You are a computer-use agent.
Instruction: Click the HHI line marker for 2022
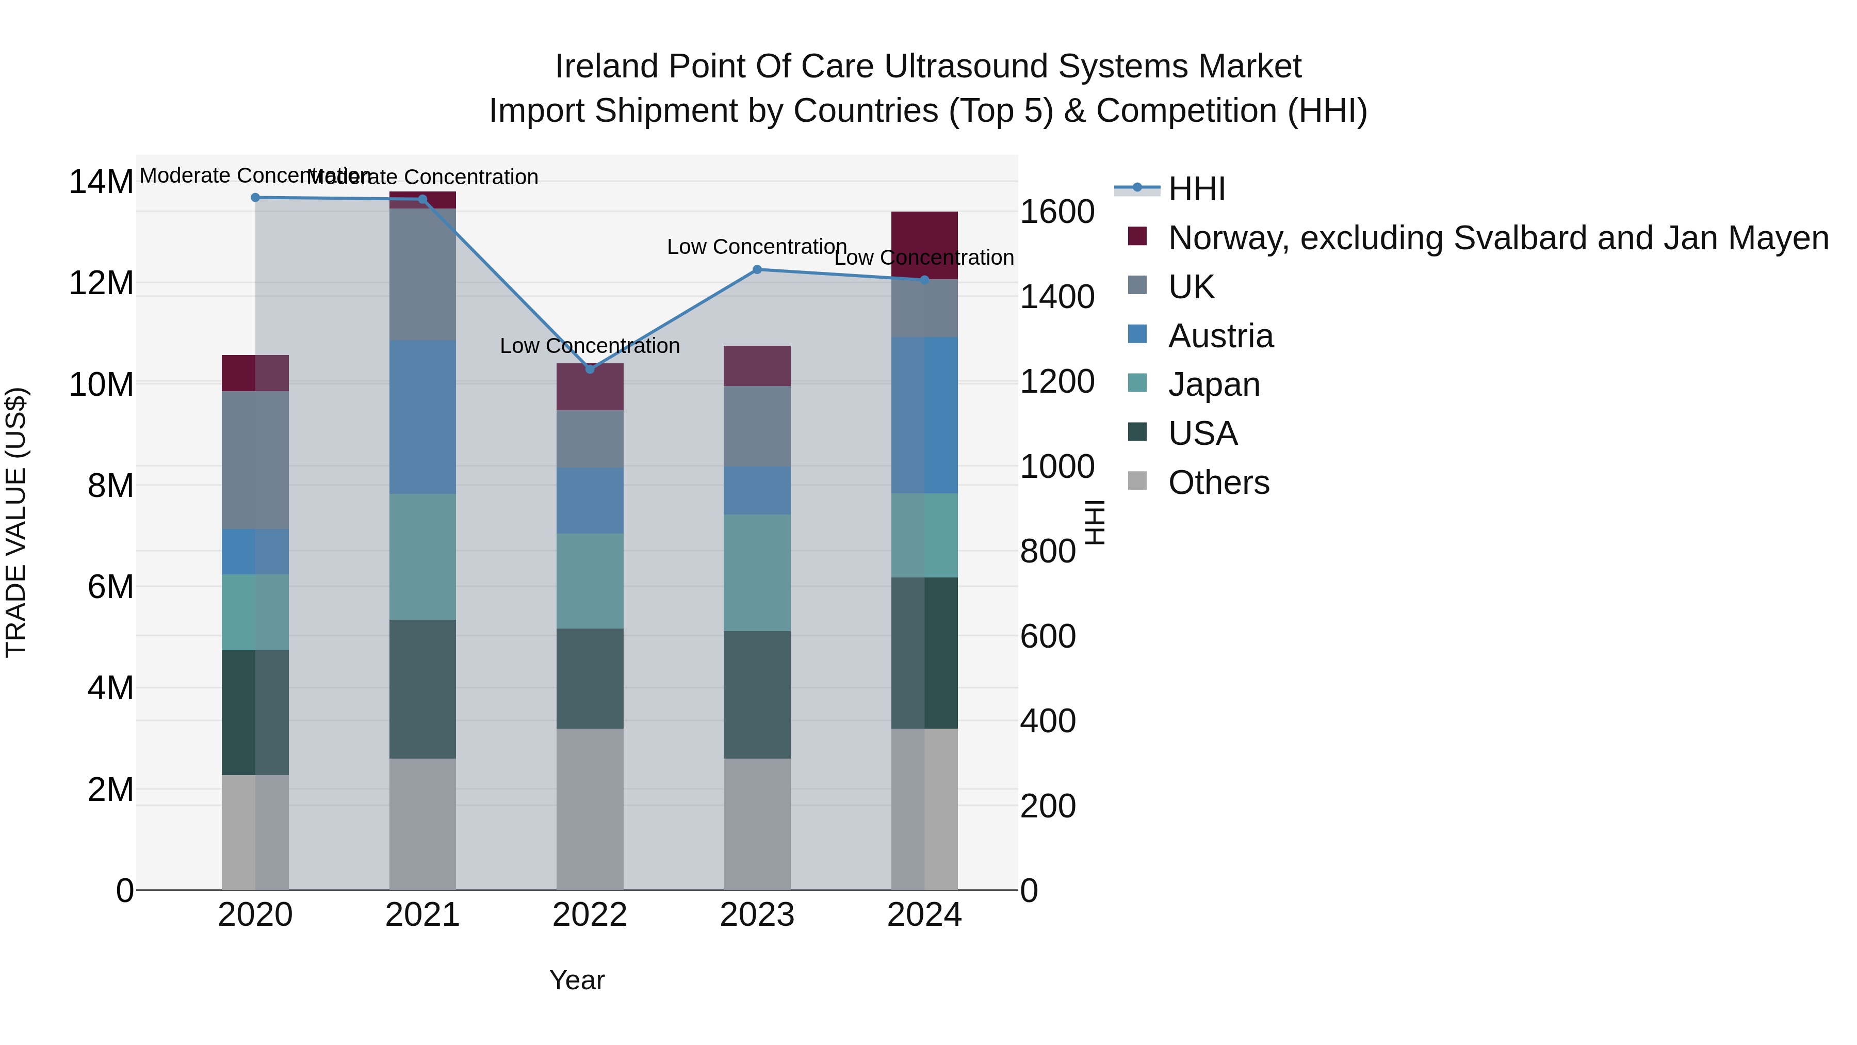point(590,368)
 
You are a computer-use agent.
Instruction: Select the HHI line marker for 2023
point(757,270)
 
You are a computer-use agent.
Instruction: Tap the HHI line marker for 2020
point(255,197)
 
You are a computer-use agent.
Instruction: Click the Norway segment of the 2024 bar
point(924,245)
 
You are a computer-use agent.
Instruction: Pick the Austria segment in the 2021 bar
point(422,417)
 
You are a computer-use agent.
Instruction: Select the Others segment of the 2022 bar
point(590,809)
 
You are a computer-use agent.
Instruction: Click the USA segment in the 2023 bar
point(757,695)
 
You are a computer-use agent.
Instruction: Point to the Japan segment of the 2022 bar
point(590,581)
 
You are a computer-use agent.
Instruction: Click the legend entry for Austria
point(1220,336)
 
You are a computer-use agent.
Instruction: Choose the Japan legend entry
point(1214,384)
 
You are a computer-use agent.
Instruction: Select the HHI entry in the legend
point(1197,189)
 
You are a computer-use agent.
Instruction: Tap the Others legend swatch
point(1137,481)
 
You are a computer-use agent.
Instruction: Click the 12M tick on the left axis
point(101,283)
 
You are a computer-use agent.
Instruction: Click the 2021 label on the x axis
point(422,915)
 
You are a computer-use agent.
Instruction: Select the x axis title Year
point(577,980)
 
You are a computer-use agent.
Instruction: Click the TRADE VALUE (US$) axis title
point(16,522)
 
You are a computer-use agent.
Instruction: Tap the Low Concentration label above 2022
point(590,346)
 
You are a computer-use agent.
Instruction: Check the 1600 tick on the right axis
point(1057,212)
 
